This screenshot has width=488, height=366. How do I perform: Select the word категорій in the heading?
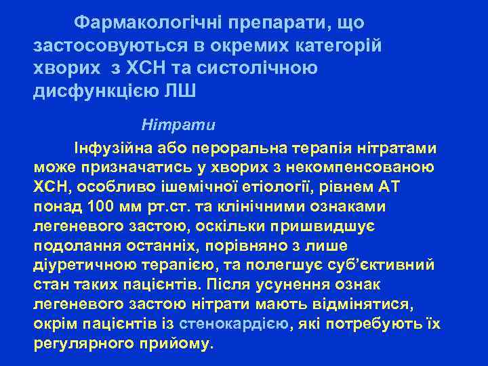click(x=338, y=45)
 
